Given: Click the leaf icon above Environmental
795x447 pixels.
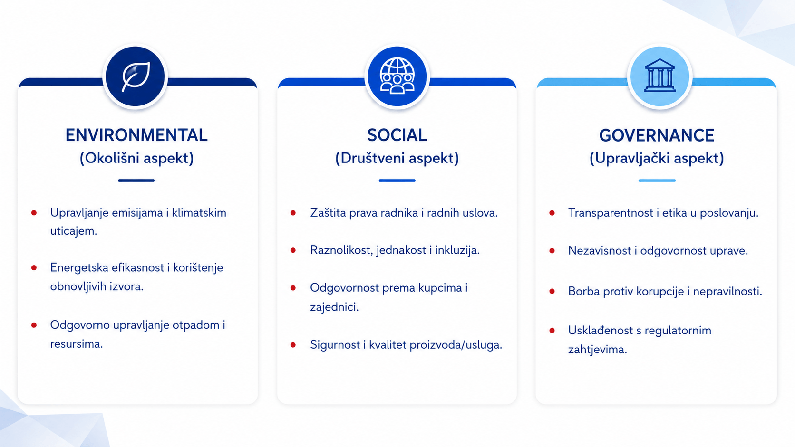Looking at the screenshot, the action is coord(136,76).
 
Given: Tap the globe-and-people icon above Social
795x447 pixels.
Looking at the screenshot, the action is coord(397,76).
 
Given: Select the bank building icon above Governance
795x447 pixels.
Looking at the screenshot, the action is coord(660,76).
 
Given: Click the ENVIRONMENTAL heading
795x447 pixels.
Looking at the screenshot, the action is coord(136,135).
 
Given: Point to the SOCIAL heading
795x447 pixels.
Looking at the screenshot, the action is coord(397,135).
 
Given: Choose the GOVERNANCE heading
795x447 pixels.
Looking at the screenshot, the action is coord(657,135).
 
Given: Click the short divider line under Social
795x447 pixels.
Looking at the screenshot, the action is coord(397,181).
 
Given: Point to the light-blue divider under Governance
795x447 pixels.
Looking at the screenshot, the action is coord(657,181).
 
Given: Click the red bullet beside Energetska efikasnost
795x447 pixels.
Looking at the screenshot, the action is coord(34,267).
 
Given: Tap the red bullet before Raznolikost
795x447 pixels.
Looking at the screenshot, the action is coord(293,250).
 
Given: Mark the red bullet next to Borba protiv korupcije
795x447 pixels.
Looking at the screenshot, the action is coord(552,291).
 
